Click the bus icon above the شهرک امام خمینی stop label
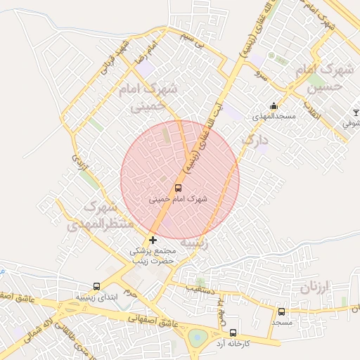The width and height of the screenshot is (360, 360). pyautogui.click(x=177, y=188)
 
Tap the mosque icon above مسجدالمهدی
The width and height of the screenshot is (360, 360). pyautogui.click(x=274, y=106)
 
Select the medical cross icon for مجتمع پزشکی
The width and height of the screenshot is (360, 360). pyautogui.click(x=153, y=240)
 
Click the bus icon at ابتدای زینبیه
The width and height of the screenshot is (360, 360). pyautogui.click(x=96, y=287)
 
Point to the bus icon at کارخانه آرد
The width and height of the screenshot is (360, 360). pyautogui.click(x=233, y=333)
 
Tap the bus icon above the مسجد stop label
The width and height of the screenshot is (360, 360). pyautogui.click(x=282, y=311)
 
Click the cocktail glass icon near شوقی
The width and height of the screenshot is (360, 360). pyautogui.click(x=356, y=112)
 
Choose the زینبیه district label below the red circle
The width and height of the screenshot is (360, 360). pyautogui.click(x=194, y=243)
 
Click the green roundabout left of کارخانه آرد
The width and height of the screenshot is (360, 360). pyautogui.click(x=200, y=337)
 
